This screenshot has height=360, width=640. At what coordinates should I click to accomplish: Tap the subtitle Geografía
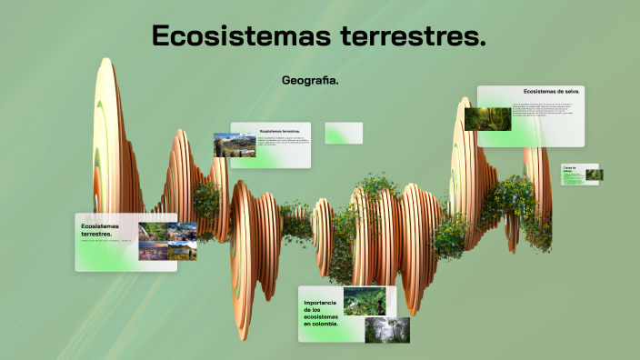coord(310,81)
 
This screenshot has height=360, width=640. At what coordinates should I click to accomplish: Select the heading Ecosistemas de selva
coord(552,92)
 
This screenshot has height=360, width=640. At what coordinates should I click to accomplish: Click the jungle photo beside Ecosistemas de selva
coord(487,119)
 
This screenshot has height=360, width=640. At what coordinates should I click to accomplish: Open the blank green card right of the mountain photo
coord(344,133)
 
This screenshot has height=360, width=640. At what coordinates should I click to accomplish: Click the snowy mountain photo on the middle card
coord(235,145)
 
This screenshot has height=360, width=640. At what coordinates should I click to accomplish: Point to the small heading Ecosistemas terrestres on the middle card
coord(279,131)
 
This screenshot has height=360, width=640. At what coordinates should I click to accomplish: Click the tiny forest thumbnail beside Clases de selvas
coord(594,175)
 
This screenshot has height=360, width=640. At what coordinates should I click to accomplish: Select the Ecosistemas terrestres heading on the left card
coord(100,229)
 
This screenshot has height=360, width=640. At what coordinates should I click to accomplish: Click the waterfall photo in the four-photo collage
coord(153,232)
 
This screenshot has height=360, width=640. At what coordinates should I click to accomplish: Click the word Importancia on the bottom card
coord(322,302)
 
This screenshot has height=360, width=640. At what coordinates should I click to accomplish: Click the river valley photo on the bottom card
coord(365,301)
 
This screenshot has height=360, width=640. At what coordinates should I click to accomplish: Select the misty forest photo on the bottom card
coord(386,329)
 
